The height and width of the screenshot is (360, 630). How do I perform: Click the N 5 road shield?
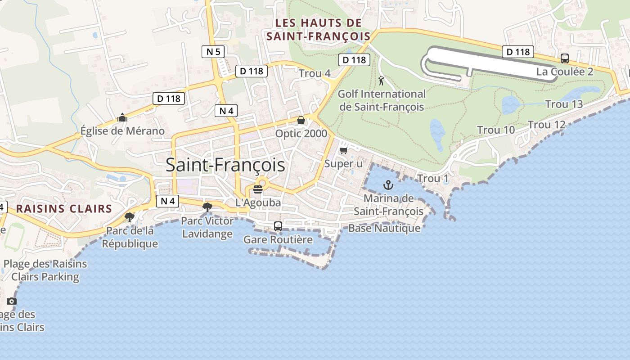213,52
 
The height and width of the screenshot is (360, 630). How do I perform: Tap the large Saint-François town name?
225,165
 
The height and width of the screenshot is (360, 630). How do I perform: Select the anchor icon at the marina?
388,184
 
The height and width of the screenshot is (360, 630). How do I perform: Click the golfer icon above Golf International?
382,81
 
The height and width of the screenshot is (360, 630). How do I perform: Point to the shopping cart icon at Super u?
344,150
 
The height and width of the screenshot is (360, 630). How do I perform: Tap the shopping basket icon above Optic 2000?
301,120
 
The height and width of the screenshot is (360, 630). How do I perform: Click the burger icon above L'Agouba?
258,189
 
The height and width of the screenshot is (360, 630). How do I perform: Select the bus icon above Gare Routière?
278,226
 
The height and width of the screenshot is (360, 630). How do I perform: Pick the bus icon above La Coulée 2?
564,58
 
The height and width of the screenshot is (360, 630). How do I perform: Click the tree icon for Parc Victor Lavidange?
207,207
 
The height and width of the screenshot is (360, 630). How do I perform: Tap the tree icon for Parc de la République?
130,218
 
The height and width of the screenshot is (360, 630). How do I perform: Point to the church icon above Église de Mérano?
122,118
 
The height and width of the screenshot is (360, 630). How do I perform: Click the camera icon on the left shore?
12,301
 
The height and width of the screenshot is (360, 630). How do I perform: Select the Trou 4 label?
315,73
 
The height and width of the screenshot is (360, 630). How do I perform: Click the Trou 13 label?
564,104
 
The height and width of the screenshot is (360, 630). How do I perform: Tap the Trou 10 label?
496,130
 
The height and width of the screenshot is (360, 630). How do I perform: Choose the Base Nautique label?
384,228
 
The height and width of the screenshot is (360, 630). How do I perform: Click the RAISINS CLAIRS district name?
64,208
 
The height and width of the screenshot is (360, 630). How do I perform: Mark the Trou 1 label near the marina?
432,179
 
